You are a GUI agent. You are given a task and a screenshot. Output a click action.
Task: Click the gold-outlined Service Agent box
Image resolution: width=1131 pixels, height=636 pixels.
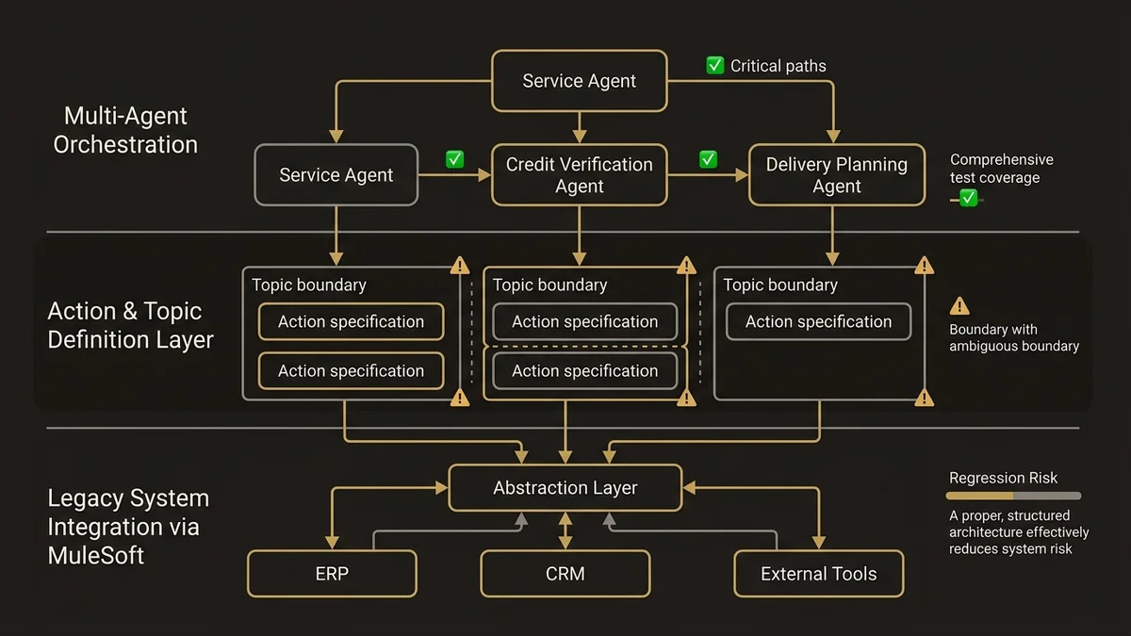pyautogui.click(x=579, y=81)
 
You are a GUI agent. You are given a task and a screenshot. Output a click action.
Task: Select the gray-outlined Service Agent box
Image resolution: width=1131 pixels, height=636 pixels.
pyautogui.click(x=336, y=175)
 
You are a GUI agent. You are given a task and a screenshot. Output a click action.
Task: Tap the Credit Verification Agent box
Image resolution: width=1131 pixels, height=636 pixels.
pyautogui.click(x=579, y=175)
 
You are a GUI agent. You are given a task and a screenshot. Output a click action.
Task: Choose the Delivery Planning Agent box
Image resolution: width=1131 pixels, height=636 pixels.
pyautogui.click(x=836, y=175)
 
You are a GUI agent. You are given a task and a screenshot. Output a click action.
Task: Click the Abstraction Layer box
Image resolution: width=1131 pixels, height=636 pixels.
pyautogui.click(x=565, y=488)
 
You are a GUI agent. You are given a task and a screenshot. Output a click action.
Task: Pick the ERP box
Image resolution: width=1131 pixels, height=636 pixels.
pyautogui.click(x=332, y=574)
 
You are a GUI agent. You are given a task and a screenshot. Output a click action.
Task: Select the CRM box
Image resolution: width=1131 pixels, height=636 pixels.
pyautogui.click(x=565, y=574)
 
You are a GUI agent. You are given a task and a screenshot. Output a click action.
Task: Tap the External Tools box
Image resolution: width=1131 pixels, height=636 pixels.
pyautogui.click(x=818, y=574)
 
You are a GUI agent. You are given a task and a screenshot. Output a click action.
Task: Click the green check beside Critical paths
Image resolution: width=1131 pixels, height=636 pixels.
pyautogui.click(x=715, y=66)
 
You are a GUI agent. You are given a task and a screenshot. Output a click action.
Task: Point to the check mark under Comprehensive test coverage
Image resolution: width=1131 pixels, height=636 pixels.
pyautogui.click(x=968, y=198)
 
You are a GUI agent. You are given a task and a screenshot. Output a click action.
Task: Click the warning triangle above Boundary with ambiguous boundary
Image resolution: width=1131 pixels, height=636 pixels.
pyautogui.click(x=959, y=306)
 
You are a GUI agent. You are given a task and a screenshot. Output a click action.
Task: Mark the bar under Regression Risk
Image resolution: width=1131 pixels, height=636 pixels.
pyautogui.click(x=1014, y=496)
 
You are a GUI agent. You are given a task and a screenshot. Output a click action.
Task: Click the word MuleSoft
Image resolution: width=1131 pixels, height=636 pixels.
pyautogui.click(x=96, y=556)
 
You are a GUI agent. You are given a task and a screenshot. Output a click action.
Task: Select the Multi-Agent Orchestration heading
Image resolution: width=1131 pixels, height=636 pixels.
pyautogui.click(x=125, y=130)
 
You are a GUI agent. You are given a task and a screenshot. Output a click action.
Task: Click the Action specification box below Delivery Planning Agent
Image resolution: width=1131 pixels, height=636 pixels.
pyautogui.click(x=818, y=322)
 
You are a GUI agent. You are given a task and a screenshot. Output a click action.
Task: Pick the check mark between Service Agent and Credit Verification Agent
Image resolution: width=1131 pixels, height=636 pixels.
pyautogui.click(x=455, y=159)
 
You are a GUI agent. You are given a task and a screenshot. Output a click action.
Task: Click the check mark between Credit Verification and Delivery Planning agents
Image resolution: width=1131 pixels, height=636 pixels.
pyautogui.click(x=709, y=159)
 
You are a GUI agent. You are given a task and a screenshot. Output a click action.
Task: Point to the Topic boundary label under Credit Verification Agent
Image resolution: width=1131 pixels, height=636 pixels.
pyautogui.click(x=549, y=285)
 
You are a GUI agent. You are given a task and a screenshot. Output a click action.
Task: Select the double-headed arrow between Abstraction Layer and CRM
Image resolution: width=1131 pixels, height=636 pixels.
pyautogui.click(x=565, y=530)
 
